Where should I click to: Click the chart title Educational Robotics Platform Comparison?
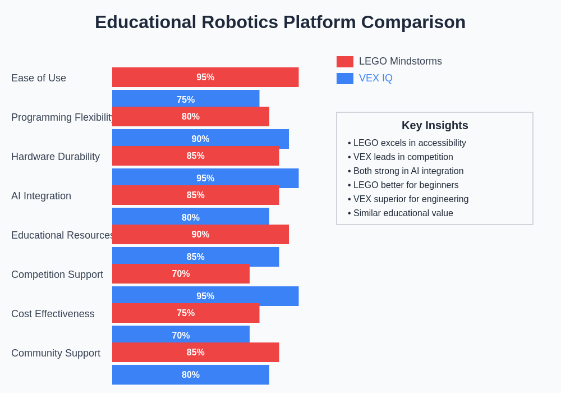(280, 22)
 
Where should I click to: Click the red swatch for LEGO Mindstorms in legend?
(344, 62)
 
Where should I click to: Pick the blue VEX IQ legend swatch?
(344, 79)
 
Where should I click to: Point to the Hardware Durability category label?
(56, 157)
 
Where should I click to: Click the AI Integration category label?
(41, 196)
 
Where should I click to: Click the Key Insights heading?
(435, 125)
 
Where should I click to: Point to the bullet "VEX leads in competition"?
(403, 157)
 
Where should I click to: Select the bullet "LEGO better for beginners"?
(406, 185)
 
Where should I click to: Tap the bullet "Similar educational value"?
(403, 213)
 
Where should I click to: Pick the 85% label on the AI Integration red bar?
(196, 195)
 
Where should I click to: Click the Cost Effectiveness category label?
(53, 314)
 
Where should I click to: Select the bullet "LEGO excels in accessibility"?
(410, 143)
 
